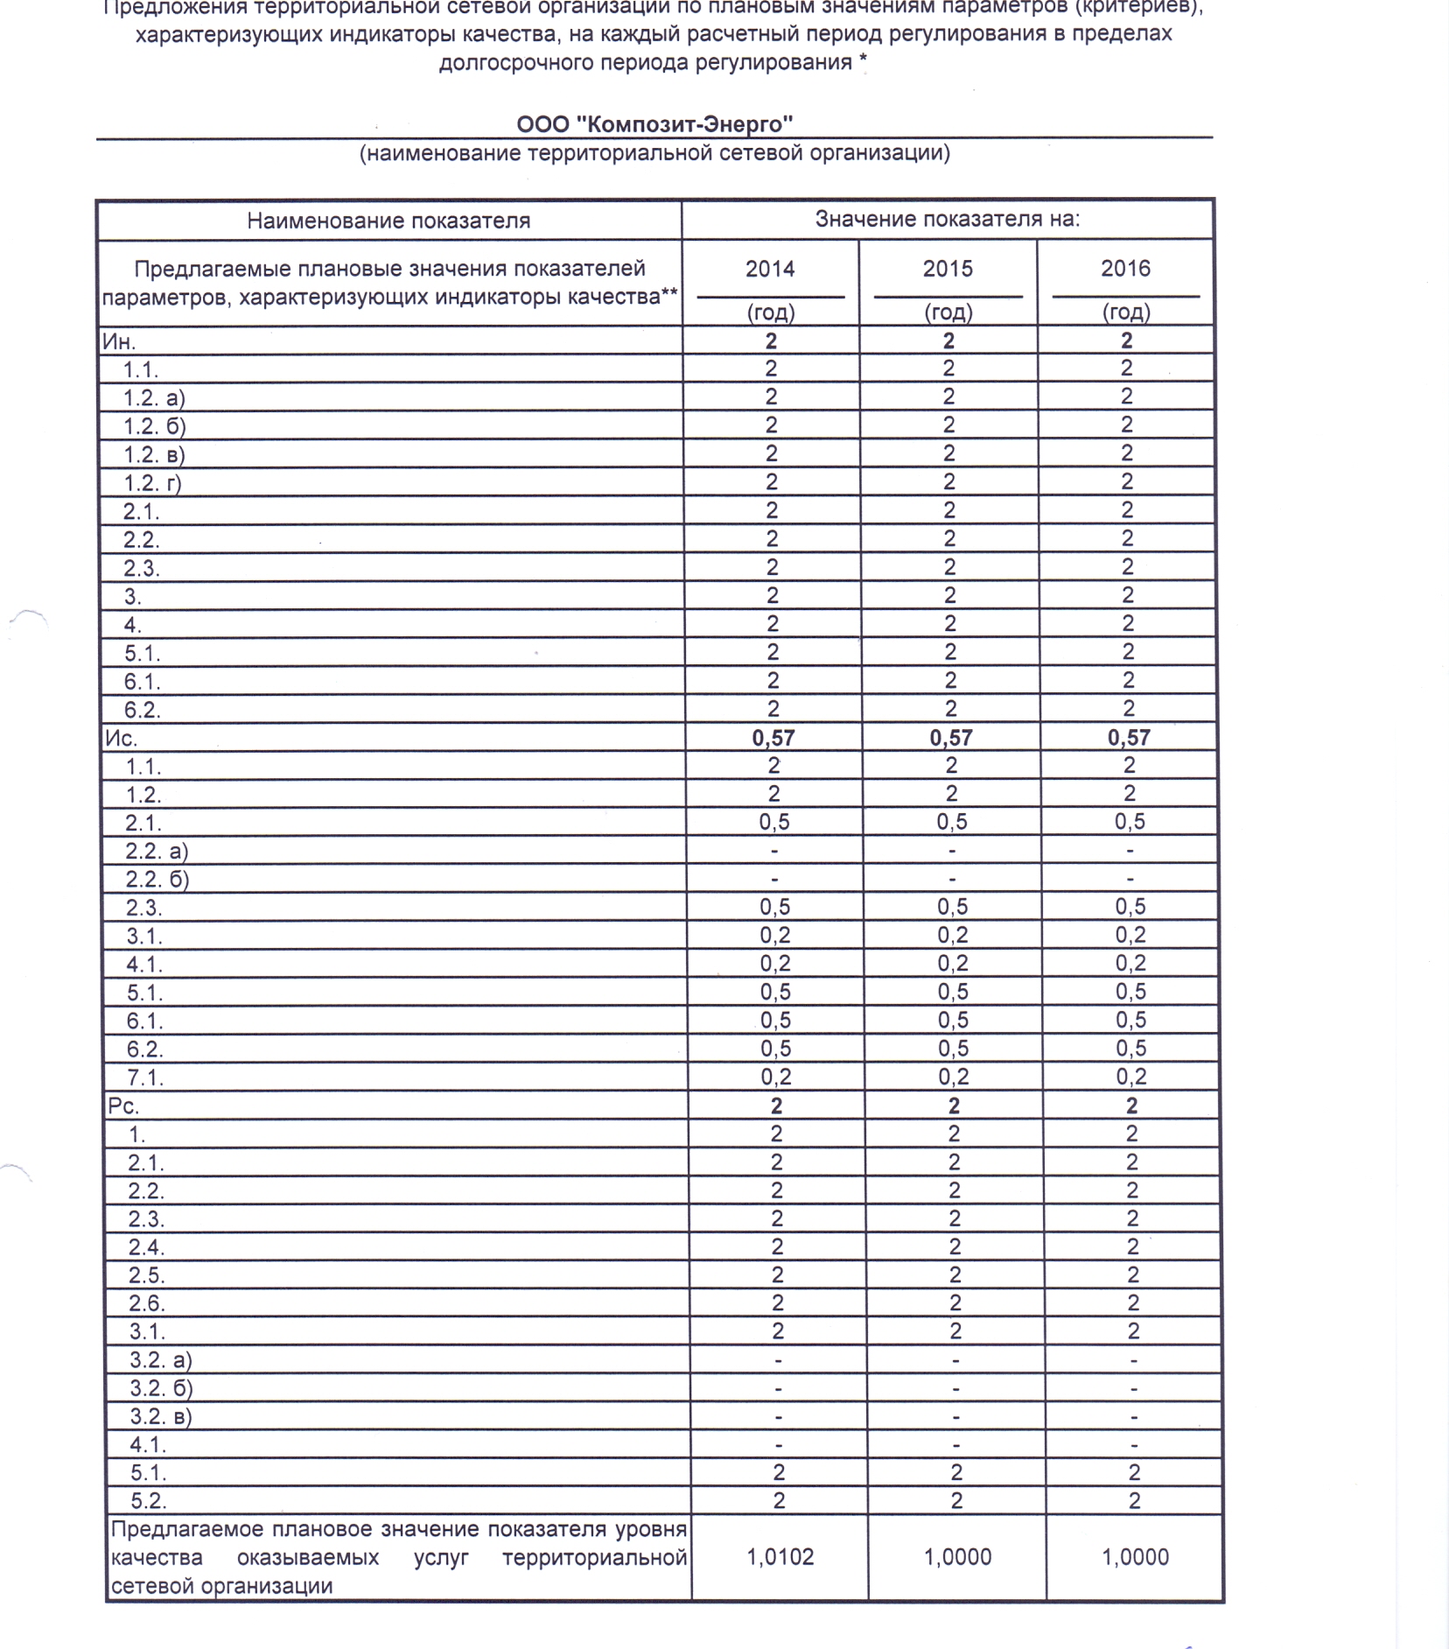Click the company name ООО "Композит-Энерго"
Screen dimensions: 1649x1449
tap(654, 123)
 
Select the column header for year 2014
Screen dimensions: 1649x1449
tap(770, 269)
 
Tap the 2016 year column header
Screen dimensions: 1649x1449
tap(1125, 269)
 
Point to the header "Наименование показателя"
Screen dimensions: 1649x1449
tap(388, 221)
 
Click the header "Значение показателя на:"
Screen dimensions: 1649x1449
tap(948, 219)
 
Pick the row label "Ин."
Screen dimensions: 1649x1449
tap(119, 340)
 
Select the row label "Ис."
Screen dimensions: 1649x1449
tap(121, 738)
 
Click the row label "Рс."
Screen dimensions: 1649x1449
tap(123, 1105)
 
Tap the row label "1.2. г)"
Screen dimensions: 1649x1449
tap(152, 482)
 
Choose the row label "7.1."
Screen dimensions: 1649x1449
tap(145, 1077)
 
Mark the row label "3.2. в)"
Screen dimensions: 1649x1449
tap(161, 1416)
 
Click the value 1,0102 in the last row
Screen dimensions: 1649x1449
tap(780, 1557)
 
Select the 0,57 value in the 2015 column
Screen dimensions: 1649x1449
tap(951, 738)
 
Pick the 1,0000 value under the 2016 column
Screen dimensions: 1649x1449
tap(1136, 1557)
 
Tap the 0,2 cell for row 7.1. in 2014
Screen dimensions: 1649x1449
tap(776, 1077)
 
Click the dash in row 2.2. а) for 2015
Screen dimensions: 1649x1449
tap(952, 851)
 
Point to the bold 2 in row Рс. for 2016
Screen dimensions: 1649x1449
tap(1131, 1105)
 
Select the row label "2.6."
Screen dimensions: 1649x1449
tap(147, 1303)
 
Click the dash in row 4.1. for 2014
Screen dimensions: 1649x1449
tap(779, 1445)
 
